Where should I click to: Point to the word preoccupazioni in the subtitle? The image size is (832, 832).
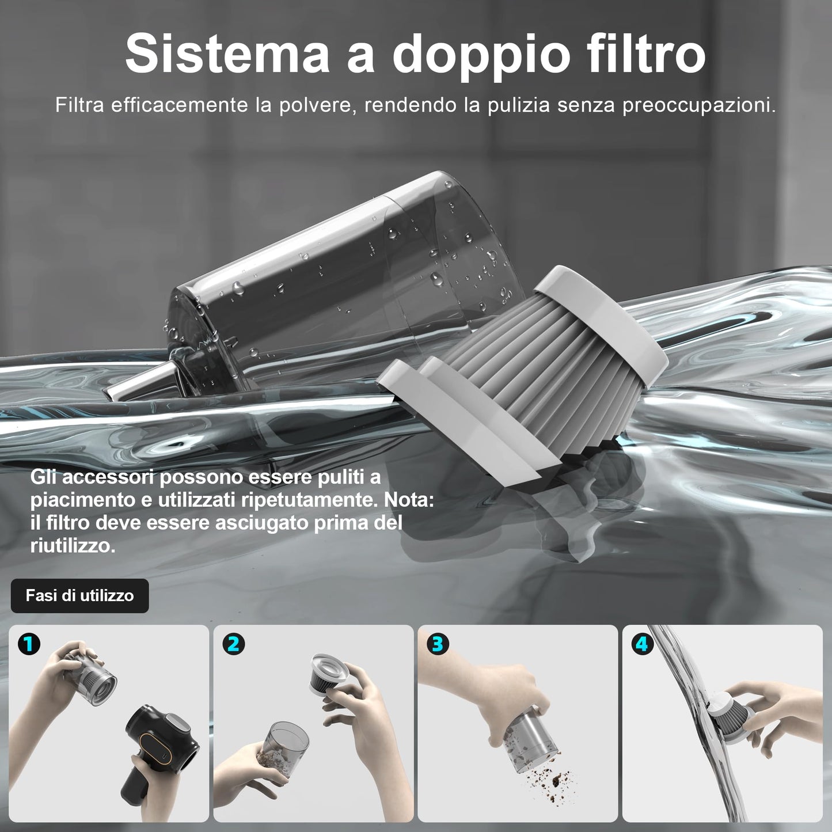point(699,106)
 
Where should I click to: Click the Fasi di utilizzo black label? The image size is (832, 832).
point(80,595)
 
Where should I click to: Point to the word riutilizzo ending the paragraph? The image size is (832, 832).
point(73,546)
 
